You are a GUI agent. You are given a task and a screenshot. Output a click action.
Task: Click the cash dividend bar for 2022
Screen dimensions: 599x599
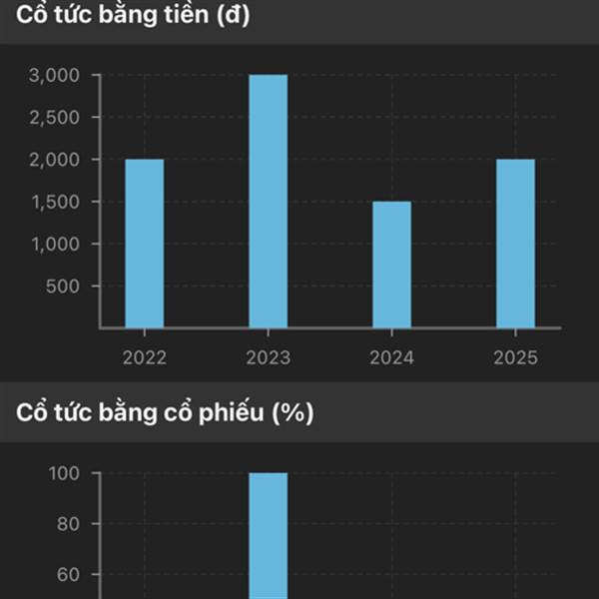pyautogui.click(x=145, y=243)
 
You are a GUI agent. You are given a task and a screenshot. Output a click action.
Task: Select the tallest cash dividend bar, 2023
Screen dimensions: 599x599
pyautogui.click(x=268, y=201)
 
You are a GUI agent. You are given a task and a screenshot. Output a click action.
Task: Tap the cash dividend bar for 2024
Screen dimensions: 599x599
pyautogui.click(x=391, y=264)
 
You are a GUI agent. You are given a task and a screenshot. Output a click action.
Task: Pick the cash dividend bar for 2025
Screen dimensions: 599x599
pyautogui.click(x=515, y=243)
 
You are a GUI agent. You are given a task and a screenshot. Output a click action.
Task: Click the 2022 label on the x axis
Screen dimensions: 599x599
pyautogui.click(x=145, y=357)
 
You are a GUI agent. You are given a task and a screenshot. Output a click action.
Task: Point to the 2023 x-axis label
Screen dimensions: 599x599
pyautogui.click(x=268, y=357)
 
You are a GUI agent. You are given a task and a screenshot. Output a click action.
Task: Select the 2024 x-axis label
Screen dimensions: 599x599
pyautogui.click(x=391, y=357)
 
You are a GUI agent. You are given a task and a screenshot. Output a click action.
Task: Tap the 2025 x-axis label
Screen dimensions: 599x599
pyautogui.click(x=515, y=357)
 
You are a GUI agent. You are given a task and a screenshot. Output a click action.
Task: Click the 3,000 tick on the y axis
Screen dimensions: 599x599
pyautogui.click(x=62, y=75)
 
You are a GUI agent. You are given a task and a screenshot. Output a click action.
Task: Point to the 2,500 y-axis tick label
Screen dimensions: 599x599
pyautogui.click(x=62, y=117)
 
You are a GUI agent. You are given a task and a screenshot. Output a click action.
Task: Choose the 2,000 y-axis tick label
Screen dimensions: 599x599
pyautogui.click(x=62, y=160)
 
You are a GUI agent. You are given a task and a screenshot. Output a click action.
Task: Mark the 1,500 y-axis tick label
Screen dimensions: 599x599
pyautogui.click(x=62, y=202)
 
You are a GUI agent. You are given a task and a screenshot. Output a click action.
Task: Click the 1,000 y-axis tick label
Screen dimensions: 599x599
pyautogui.click(x=62, y=244)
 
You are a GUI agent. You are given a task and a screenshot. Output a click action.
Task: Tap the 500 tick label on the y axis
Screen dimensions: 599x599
pyautogui.click(x=71, y=287)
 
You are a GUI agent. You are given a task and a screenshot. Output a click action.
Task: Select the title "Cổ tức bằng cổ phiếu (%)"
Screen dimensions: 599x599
pyautogui.click(x=164, y=413)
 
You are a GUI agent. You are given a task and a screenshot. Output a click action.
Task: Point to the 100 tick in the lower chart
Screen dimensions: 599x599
pyautogui.click(x=68, y=473)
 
